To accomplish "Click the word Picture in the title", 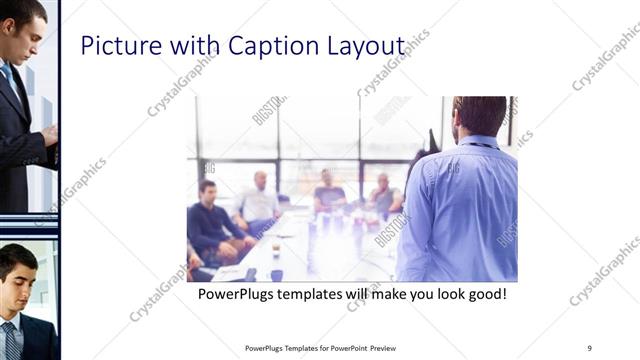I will (111, 46).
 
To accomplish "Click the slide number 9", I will (590, 348).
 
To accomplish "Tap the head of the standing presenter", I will (479, 117).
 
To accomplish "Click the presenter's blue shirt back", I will (465, 210).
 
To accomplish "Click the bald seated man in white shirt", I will (259, 200).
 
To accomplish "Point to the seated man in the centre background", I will (329, 190).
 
